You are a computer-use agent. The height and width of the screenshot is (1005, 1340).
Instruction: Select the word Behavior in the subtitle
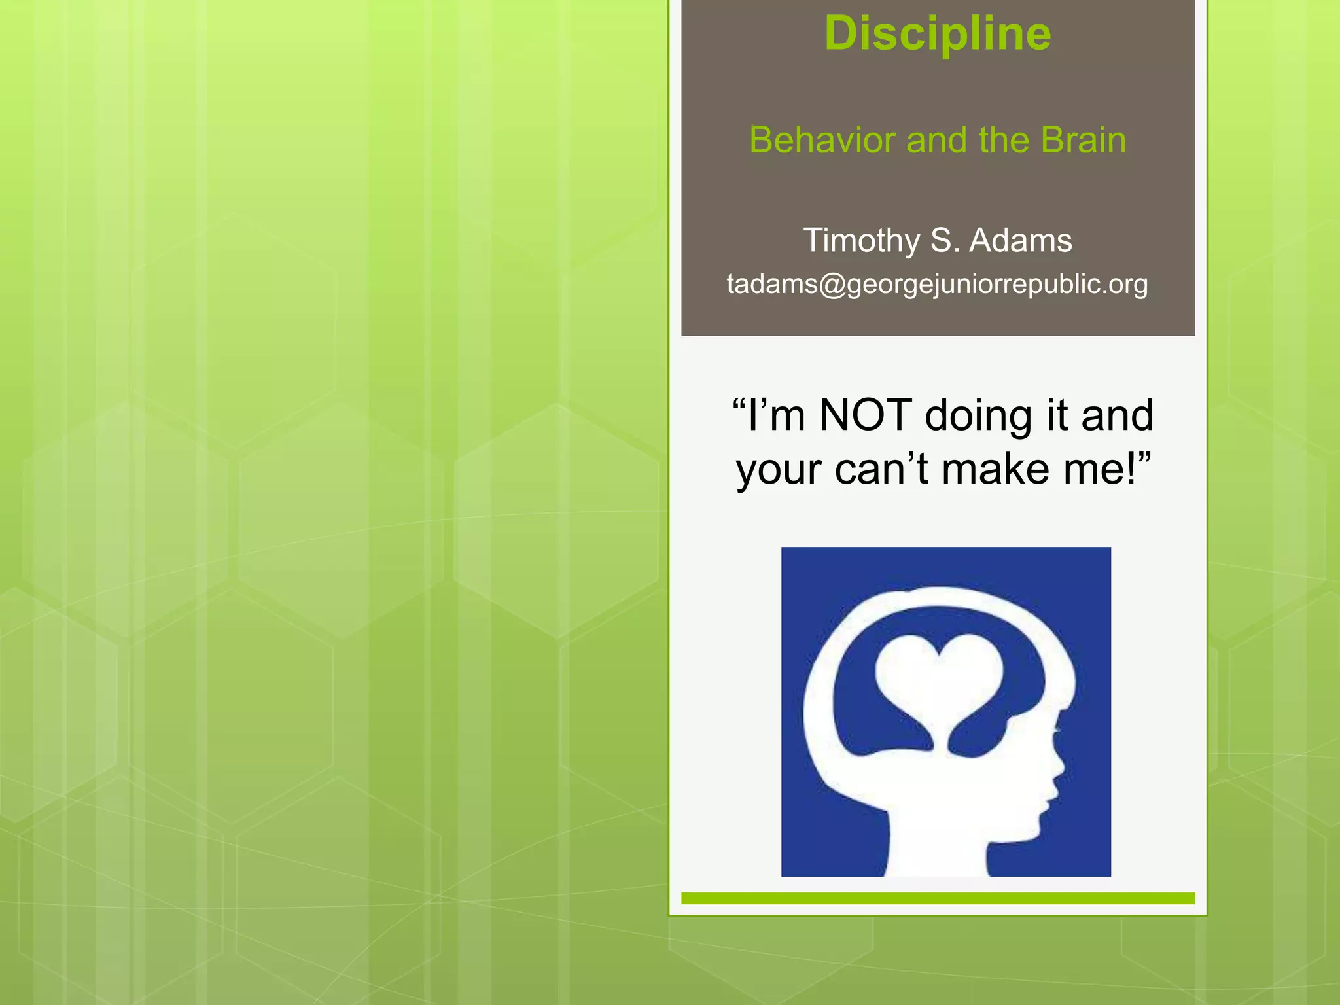(x=822, y=140)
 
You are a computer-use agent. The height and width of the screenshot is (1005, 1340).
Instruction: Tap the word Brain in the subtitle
(x=1084, y=140)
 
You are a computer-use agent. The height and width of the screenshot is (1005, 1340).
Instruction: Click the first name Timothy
(x=861, y=240)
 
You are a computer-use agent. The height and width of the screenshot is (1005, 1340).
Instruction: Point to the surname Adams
(x=1021, y=240)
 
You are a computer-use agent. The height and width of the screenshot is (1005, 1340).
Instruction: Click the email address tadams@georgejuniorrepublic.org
(x=938, y=284)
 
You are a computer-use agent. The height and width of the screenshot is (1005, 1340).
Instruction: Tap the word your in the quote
(x=779, y=470)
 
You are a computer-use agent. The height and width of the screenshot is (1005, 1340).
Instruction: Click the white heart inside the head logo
(x=939, y=680)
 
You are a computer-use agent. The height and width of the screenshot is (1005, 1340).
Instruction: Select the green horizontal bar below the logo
(x=938, y=898)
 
